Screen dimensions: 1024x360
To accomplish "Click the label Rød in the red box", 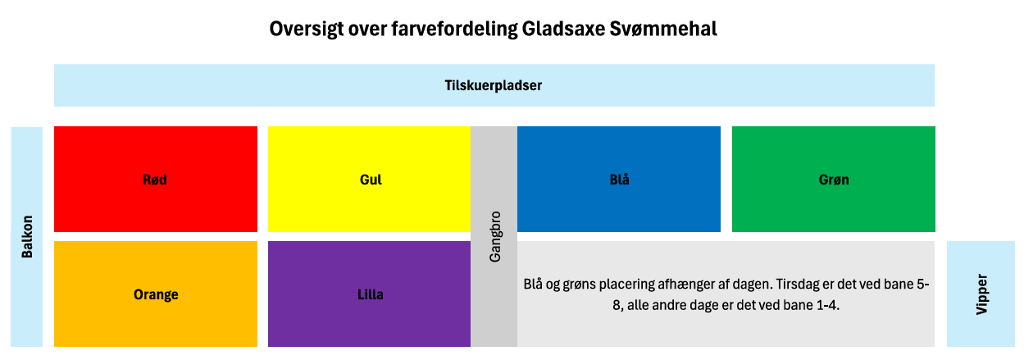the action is tap(155, 180).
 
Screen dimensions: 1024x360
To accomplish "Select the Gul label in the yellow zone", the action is tap(371, 180).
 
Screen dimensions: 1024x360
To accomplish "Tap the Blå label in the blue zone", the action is tap(620, 180).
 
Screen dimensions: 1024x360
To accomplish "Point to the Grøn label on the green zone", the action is tap(834, 180).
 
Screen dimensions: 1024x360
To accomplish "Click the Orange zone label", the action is tap(156, 294).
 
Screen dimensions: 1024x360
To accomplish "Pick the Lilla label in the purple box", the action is tap(371, 294).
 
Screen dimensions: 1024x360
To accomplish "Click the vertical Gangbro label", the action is tap(495, 236).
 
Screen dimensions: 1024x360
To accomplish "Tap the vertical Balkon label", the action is tap(27, 236).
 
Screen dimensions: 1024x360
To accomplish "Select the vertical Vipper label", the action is tap(981, 294).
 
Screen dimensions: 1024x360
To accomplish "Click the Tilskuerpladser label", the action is tap(494, 85).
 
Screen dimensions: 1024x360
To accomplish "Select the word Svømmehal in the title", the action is tap(663, 29).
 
